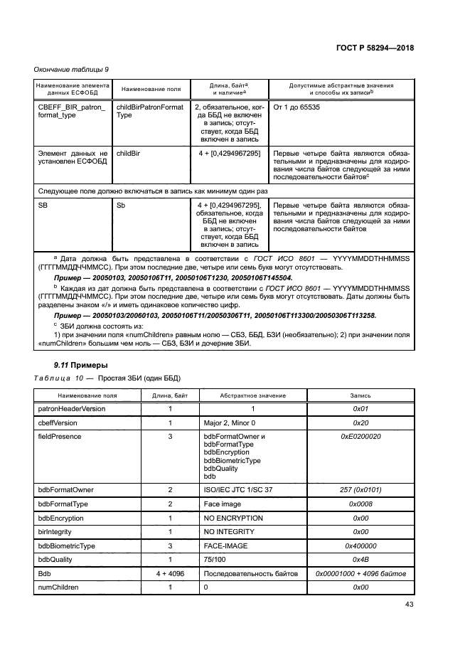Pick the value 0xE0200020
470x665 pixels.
pyautogui.click(x=360, y=436)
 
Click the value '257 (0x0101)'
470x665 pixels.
pyautogui.click(x=360, y=491)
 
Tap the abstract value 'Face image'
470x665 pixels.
pyautogui.click(x=223, y=504)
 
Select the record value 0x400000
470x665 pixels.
pyautogui.click(x=360, y=546)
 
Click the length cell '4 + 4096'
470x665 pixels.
pyautogui.click(x=171, y=573)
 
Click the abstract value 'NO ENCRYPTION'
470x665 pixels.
pyautogui.click(x=233, y=518)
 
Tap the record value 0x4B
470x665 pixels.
pyautogui.click(x=360, y=560)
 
